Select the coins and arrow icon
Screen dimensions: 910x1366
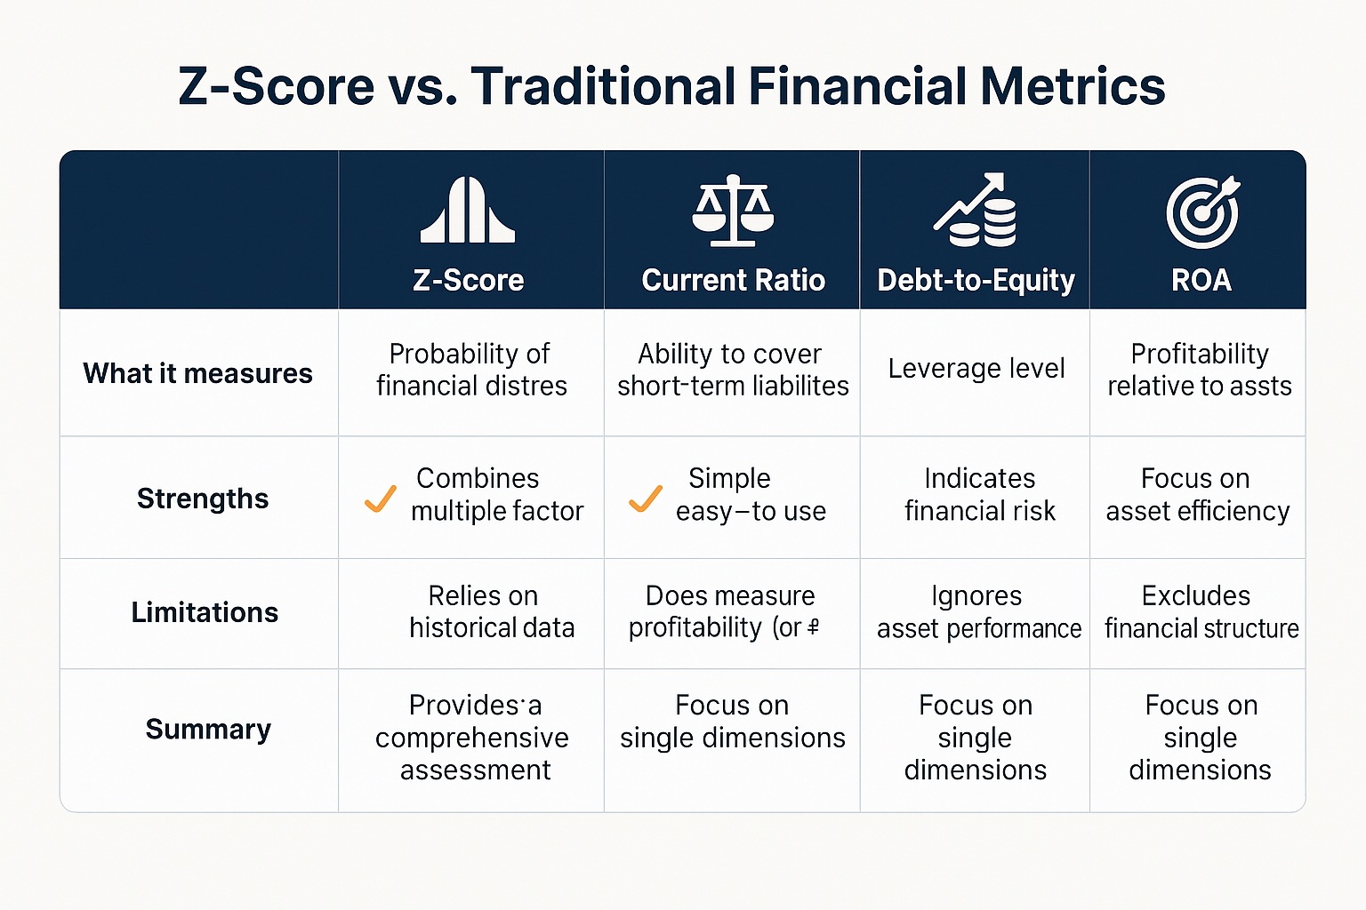975,211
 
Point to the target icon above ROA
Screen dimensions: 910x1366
1202,212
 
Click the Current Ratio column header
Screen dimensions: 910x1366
733,280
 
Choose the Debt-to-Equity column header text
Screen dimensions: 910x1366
976,280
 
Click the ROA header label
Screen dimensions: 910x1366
1201,280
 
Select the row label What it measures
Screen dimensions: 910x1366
197,373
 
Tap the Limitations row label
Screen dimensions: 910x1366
205,612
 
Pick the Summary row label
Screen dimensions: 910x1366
208,729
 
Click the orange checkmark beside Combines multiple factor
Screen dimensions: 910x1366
381,499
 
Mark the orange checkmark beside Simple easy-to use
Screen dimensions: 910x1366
645,499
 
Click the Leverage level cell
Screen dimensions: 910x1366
976,368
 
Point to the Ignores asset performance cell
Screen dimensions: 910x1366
978,611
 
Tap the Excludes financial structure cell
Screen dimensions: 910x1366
1201,611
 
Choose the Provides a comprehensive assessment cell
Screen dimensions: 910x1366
473,738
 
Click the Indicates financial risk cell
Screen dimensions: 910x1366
979,494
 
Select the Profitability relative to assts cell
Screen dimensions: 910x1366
1199,370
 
